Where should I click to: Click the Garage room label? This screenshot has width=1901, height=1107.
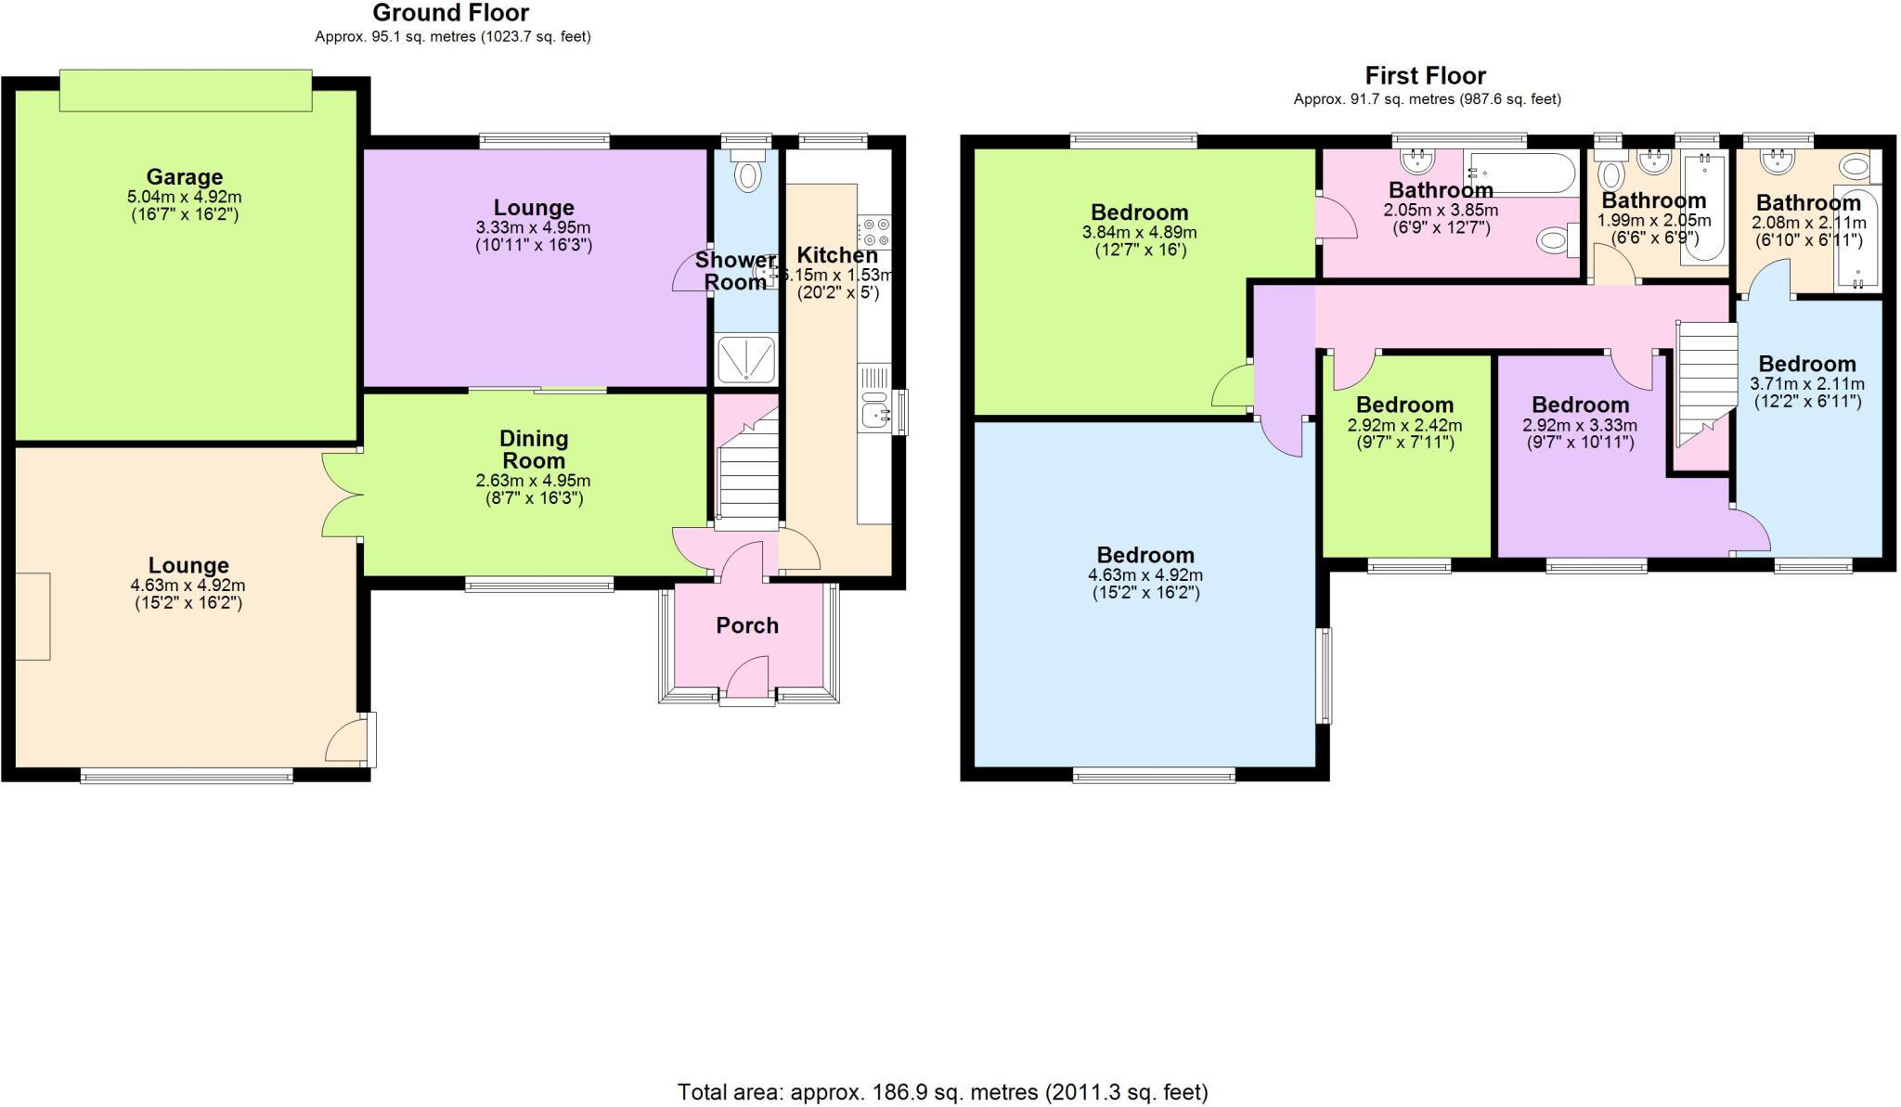click(184, 176)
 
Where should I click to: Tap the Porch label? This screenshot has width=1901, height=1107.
click(746, 625)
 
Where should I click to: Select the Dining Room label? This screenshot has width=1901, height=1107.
click(533, 449)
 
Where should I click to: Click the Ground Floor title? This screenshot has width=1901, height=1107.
click(451, 13)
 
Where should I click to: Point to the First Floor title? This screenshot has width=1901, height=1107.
click(1425, 75)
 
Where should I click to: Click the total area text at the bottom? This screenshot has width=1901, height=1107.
click(942, 1092)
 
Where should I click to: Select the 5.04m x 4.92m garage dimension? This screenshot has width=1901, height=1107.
click(184, 198)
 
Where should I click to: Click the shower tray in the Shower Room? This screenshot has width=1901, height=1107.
click(746, 359)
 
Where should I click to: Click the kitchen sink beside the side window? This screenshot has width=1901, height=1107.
click(873, 411)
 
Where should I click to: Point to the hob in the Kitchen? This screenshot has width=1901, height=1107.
click(874, 230)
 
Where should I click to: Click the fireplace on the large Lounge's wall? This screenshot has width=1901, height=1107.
click(32, 616)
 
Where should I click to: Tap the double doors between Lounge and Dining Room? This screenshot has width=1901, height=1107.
click(341, 494)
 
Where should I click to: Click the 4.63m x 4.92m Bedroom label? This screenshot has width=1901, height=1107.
click(1145, 555)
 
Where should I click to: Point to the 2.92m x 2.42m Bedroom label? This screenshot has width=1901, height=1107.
click(1403, 405)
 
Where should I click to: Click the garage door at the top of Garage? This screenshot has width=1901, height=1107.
click(186, 91)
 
